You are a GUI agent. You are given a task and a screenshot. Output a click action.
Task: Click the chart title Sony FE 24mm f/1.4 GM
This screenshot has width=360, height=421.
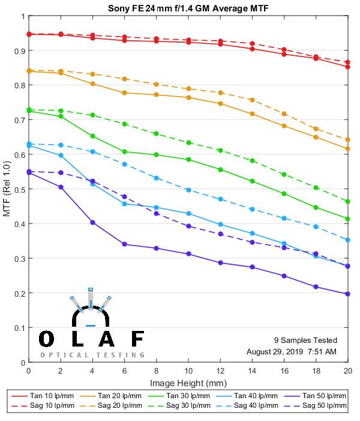pyautogui.click(x=187, y=8)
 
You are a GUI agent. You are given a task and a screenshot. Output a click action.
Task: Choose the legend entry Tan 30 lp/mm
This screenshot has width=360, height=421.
pyautogui.click(x=185, y=396)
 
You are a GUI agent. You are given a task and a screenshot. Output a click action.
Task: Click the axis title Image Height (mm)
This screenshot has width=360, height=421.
pyautogui.click(x=188, y=383)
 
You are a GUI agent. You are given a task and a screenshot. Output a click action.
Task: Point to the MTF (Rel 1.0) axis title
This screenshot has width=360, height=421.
pyautogui.click(x=7, y=190)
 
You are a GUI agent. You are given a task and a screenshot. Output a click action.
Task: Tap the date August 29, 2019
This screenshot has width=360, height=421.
pyautogui.click(x=274, y=351)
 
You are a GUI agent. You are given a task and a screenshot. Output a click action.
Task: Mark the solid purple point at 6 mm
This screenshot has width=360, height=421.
pyautogui.click(x=124, y=244)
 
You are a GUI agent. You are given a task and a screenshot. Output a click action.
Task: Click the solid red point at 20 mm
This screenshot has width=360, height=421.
pyautogui.click(x=347, y=67)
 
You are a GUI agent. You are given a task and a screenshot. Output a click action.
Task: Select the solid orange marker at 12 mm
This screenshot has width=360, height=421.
pyautogui.click(x=220, y=103)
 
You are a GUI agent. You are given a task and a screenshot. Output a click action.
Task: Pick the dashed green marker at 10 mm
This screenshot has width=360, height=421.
pyautogui.click(x=188, y=142)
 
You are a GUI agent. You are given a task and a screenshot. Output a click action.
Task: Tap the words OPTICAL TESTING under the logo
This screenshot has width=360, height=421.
pyautogui.click(x=92, y=355)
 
